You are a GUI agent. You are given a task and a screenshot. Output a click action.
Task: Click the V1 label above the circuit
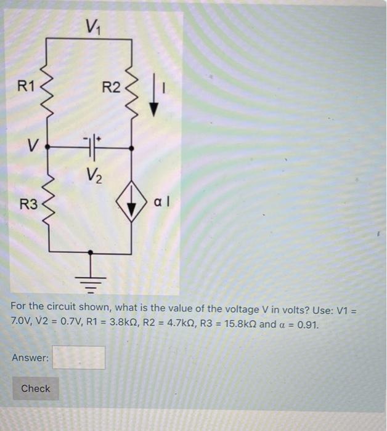(92, 26)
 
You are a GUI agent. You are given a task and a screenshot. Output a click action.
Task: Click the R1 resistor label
(26, 86)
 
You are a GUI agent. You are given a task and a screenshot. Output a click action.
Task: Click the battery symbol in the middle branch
(92, 148)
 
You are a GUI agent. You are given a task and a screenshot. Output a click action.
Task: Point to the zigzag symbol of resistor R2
(131, 92)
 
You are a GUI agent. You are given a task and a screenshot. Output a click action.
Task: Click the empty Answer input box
(78, 358)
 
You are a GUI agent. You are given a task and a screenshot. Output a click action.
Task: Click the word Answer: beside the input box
(30, 358)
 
